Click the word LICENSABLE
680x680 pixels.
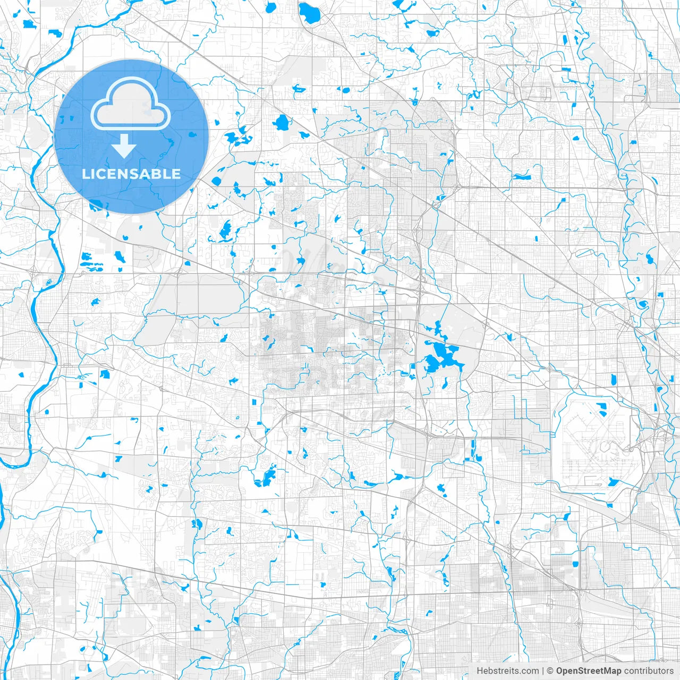[131, 174]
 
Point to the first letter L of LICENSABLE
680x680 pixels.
[85, 174]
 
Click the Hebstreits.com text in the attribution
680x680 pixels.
[507, 671]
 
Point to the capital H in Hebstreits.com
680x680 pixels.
[480, 671]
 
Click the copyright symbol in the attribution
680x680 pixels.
[550, 671]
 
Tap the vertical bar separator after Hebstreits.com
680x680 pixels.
[543, 671]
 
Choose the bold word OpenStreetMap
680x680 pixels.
[589, 671]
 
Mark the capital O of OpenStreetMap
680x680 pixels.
[560, 671]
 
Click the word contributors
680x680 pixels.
[649, 671]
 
